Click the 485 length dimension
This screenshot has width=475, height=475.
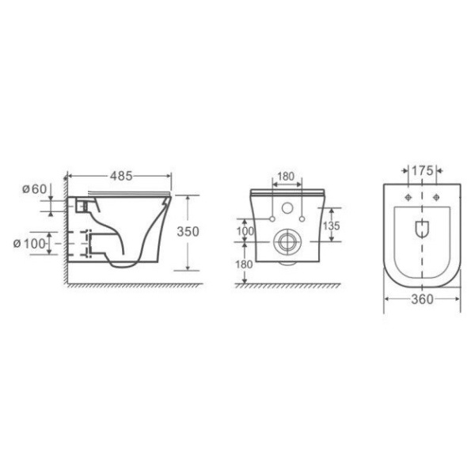click(121, 176)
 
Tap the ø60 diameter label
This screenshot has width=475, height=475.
click(35, 189)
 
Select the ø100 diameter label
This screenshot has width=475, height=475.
click(29, 244)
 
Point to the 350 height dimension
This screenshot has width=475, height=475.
click(188, 232)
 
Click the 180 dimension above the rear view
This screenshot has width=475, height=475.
click(286, 177)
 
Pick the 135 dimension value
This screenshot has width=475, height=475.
click(332, 226)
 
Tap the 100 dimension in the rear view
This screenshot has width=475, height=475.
click(245, 231)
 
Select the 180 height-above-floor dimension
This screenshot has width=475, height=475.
click(244, 264)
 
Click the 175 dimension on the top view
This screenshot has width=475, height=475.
click(422, 171)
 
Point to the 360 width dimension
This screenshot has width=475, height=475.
click(422, 299)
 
